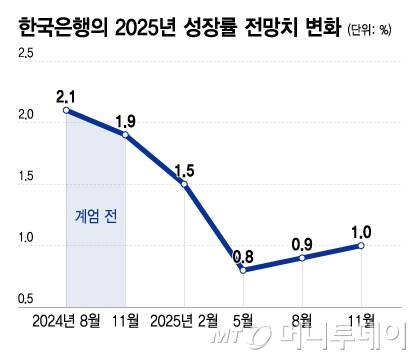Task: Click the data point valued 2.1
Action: (66, 109)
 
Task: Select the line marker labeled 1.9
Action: (126, 133)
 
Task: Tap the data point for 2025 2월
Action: (185, 183)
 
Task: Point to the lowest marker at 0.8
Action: (243, 269)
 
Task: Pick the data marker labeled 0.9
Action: (302, 257)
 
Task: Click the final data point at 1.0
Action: (361, 245)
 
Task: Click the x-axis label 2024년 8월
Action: (65, 322)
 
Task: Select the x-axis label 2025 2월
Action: (184, 322)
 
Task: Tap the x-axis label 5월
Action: (243, 322)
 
